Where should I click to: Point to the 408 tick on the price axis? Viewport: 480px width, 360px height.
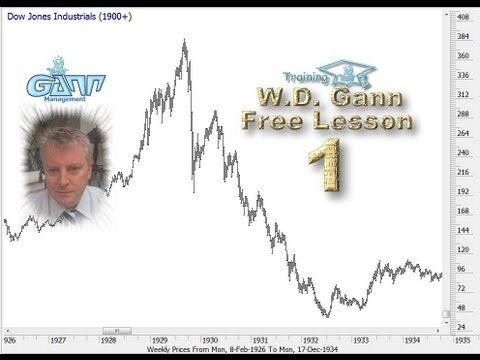pos(463,18)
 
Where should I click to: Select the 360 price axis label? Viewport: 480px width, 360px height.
pos(463,56)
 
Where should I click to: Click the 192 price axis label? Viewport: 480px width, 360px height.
pos(463,191)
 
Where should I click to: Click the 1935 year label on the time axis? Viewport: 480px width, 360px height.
pos(462,339)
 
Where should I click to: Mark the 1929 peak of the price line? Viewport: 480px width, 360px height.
pos(184,41)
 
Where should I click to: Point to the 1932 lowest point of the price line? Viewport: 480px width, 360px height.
pos(328,315)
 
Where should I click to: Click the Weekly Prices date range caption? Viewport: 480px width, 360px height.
pos(240,349)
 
